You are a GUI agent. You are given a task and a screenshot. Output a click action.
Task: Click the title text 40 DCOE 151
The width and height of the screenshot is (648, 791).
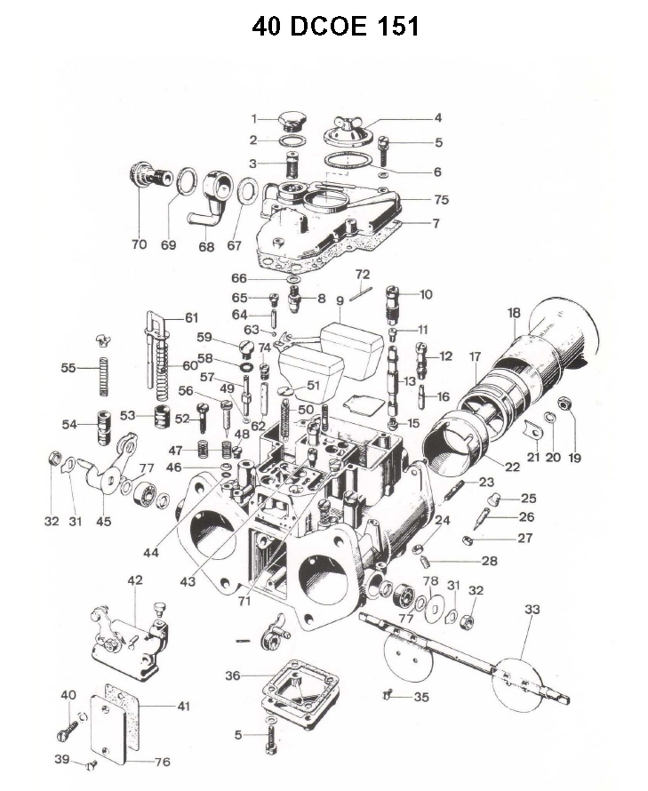(x=335, y=27)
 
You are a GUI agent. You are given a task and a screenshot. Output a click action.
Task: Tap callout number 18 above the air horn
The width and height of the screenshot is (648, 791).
(x=514, y=313)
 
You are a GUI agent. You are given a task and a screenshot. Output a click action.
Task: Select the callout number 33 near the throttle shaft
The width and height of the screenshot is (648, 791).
(x=532, y=610)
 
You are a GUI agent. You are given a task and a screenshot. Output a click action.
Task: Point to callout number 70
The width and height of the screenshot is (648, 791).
(x=140, y=244)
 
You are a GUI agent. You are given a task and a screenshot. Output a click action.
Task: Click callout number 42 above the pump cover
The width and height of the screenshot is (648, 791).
(x=135, y=580)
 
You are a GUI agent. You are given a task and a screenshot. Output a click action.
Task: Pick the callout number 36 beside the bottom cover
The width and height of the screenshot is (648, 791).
(x=232, y=675)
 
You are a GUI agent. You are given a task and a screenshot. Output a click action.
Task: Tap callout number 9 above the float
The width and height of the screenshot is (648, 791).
(x=340, y=300)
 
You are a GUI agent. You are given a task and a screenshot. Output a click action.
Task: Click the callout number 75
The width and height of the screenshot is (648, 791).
(x=442, y=200)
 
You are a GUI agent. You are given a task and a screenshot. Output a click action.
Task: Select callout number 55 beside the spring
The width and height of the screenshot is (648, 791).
(x=68, y=367)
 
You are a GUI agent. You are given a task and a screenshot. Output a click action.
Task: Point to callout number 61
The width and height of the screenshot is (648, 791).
(x=193, y=317)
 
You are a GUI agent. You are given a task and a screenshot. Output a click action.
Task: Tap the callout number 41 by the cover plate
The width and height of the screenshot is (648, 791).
(x=184, y=707)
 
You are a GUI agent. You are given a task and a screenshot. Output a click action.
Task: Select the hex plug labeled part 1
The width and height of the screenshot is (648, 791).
(x=291, y=119)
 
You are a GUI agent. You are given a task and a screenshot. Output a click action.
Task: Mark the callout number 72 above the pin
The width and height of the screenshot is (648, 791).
(x=363, y=273)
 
